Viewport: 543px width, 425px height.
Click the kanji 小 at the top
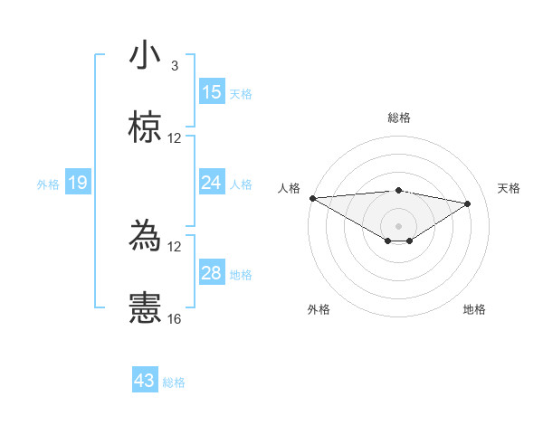click(145, 56)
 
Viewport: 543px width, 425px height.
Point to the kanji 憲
click(145, 307)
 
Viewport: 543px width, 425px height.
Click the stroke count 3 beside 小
click(175, 66)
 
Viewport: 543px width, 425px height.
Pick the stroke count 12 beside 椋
click(175, 138)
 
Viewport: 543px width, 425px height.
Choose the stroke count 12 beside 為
click(175, 246)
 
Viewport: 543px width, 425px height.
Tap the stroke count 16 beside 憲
click(175, 318)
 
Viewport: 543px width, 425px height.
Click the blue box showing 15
click(212, 92)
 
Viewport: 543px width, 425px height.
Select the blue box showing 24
click(212, 184)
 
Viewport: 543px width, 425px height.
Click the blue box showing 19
click(78, 184)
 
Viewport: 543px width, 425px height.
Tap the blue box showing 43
click(145, 381)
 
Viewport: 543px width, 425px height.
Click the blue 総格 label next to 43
click(174, 382)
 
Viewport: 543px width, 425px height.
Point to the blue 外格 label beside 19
click(48, 184)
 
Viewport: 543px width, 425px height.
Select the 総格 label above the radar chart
click(399, 118)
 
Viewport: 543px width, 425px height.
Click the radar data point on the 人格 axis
click(312, 198)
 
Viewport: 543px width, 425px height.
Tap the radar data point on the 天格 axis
click(468, 203)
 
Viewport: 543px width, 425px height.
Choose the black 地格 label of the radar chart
click(474, 309)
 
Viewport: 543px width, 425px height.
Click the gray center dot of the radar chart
click(399, 225)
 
